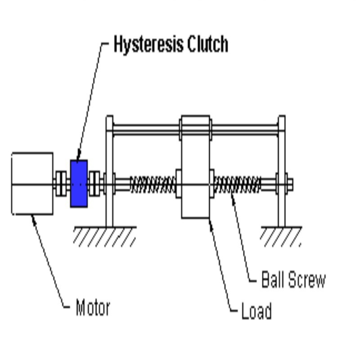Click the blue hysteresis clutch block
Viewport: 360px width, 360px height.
click(x=79, y=184)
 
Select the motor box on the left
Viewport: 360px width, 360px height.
click(x=32, y=184)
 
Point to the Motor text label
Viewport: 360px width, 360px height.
click(x=93, y=308)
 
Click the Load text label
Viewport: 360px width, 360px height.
click(x=256, y=311)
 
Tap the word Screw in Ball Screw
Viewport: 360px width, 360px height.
click(x=306, y=280)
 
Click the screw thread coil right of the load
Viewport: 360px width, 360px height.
click(x=237, y=184)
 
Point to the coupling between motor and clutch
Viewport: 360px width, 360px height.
click(x=61, y=184)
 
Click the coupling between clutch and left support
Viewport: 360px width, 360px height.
click(x=94, y=184)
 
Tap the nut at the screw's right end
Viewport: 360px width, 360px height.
click(x=289, y=184)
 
